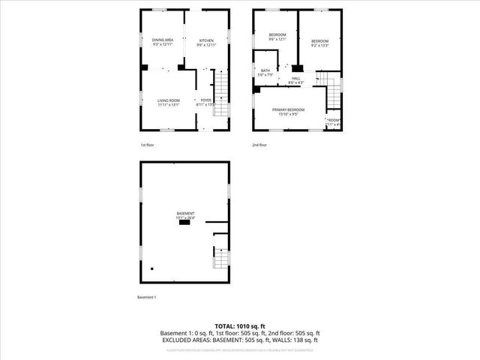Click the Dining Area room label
coord(163,42)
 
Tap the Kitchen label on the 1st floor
coord(206,42)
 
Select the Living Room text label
coord(168,103)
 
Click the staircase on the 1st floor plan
coord(221,94)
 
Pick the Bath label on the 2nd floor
coord(265,73)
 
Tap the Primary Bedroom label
coord(288,112)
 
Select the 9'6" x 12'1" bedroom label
coord(277,37)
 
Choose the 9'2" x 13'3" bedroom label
coord(321,43)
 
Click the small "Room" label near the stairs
coord(333,122)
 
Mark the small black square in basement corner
coord(152,268)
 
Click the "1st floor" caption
coord(148,144)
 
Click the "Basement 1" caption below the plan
coord(146,298)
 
